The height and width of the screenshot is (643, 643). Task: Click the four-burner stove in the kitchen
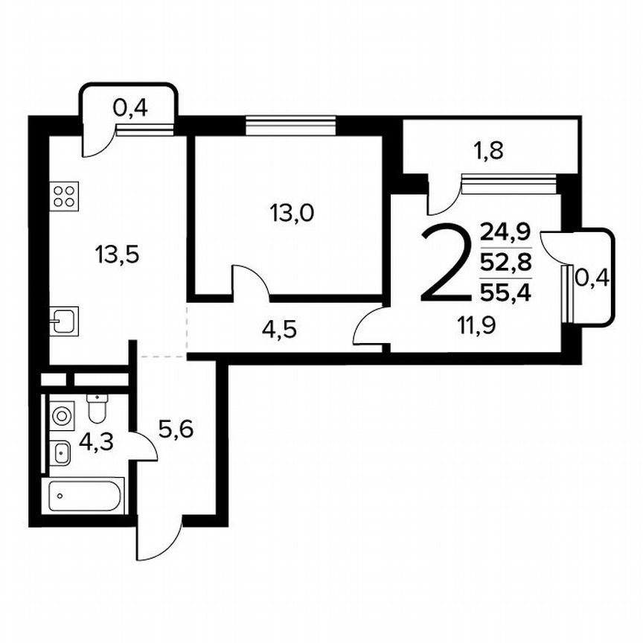click(x=64, y=196)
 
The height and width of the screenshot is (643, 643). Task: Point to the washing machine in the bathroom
click(x=61, y=414)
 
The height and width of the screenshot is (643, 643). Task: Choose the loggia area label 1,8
click(x=489, y=152)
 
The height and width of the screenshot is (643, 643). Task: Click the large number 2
click(x=446, y=264)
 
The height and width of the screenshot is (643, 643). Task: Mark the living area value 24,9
click(x=505, y=231)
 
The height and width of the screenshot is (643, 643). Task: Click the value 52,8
click(x=505, y=262)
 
